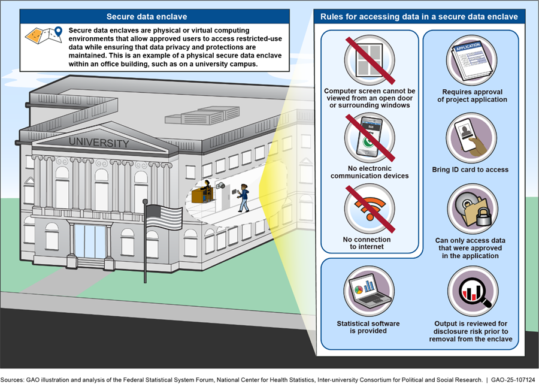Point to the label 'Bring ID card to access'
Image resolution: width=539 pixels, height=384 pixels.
click(x=470, y=170)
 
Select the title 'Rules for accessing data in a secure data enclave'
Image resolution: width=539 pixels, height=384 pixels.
click(x=419, y=17)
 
